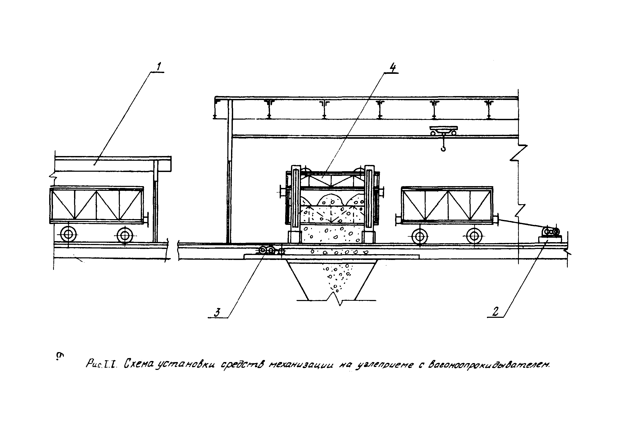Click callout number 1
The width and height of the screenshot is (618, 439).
click(x=159, y=67)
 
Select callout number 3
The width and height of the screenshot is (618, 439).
click(x=217, y=313)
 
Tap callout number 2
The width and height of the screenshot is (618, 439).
click(x=495, y=312)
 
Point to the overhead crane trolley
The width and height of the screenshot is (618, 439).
click(x=444, y=131)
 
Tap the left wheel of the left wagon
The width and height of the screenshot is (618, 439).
click(x=68, y=234)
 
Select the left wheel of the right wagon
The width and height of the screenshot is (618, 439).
click(x=419, y=237)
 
